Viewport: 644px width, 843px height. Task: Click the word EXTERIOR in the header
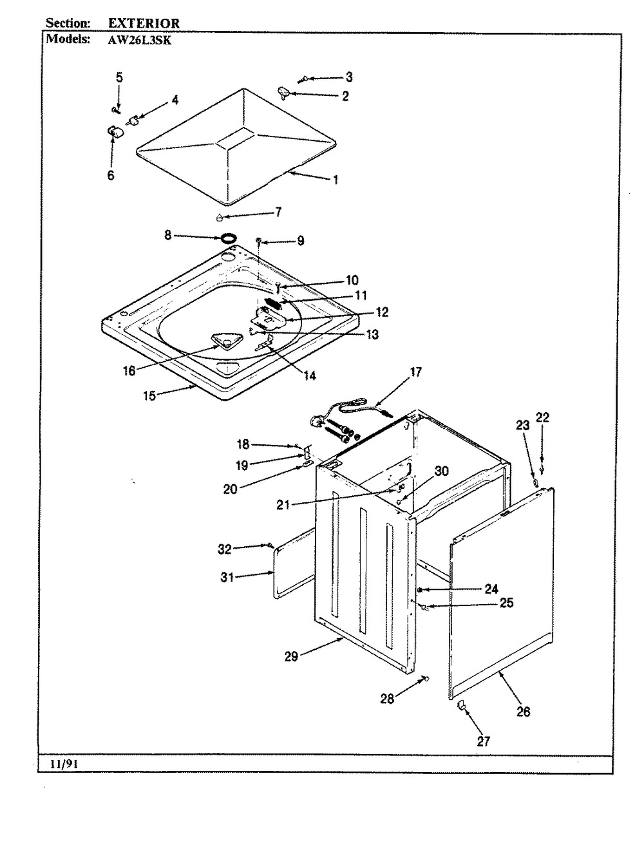(x=144, y=23)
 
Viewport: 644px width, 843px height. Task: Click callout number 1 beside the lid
(x=336, y=180)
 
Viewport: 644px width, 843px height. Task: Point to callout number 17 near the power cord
(x=415, y=372)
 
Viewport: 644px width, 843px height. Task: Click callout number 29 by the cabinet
(x=292, y=656)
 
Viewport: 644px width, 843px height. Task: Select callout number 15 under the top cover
(x=149, y=395)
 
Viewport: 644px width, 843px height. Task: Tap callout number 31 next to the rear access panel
(x=226, y=578)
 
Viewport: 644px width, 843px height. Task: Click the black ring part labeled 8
(x=227, y=238)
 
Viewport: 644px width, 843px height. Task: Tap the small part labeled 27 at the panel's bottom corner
(x=460, y=707)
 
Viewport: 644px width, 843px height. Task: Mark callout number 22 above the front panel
(x=543, y=417)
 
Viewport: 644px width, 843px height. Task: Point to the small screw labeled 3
(x=301, y=80)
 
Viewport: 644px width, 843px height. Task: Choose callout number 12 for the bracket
(x=382, y=312)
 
